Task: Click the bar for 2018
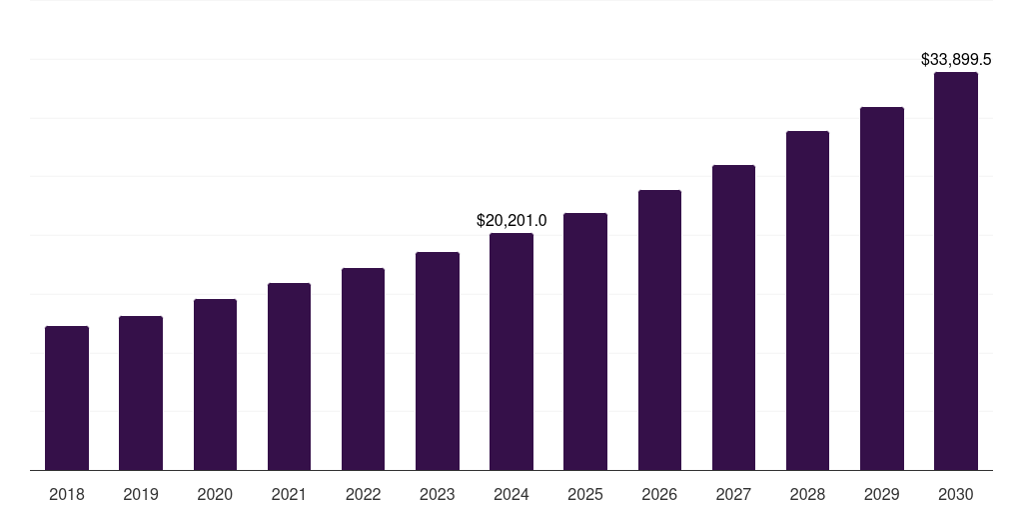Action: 67,398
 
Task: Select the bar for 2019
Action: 141,393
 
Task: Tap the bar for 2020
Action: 215,385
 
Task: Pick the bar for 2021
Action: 289,377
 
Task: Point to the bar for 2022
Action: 363,369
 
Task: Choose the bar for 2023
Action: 438,361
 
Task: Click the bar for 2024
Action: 511,352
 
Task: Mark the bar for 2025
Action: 585,342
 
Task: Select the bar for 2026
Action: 659,330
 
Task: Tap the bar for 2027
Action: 733,318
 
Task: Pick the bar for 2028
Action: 807,301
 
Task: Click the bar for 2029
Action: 882,289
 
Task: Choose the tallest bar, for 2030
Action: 956,271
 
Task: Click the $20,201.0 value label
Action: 511,220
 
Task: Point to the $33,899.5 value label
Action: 956,60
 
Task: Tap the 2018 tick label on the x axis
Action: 67,494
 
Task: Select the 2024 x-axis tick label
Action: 511,494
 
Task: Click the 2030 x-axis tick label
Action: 956,494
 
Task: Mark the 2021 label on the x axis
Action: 289,494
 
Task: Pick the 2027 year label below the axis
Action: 733,494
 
